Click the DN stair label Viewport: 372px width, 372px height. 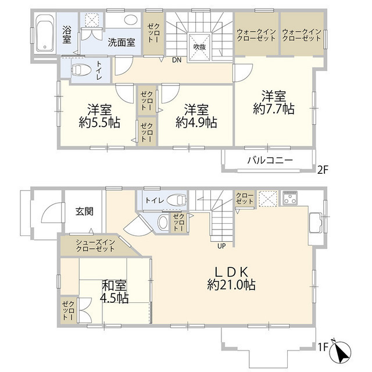[176, 59]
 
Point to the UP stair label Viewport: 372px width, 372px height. [221, 245]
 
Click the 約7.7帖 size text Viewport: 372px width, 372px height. [273, 108]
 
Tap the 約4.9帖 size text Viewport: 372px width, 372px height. [196, 122]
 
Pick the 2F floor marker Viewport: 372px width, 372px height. [323, 171]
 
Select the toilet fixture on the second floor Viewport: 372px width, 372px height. [82, 70]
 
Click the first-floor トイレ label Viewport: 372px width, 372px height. [155, 201]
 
